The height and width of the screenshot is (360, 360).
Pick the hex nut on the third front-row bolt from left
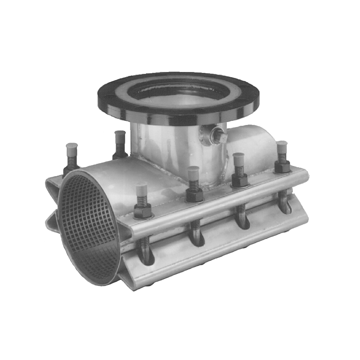coord(239,180)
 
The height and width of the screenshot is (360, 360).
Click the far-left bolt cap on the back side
coord(70,150)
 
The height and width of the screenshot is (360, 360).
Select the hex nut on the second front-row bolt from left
coord(194,194)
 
